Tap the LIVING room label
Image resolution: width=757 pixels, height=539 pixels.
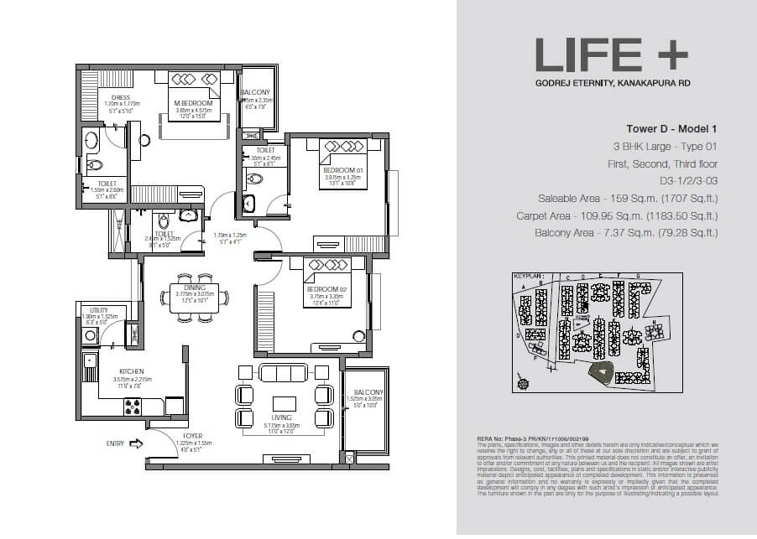tap(281, 417)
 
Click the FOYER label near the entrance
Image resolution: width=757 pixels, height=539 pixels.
tap(193, 436)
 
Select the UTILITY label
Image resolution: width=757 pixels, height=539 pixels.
tap(97, 309)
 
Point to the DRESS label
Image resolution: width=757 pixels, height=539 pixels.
tap(120, 97)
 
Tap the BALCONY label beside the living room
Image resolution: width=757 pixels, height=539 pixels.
tap(368, 392)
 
